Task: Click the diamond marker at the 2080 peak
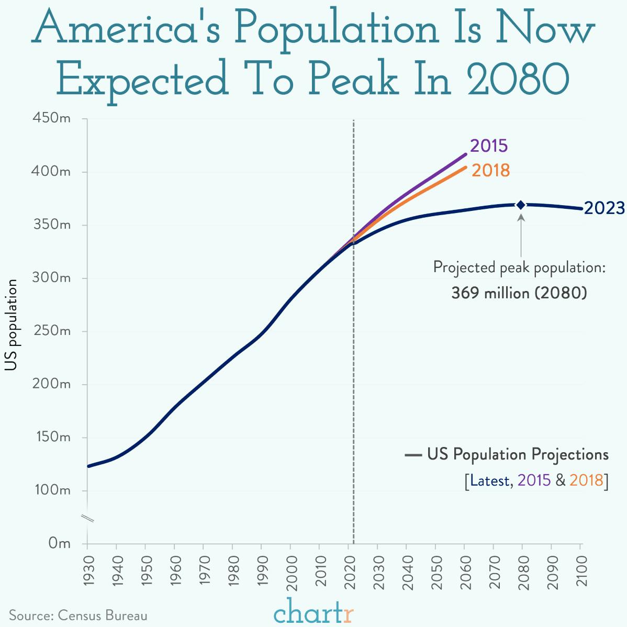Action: point(521,205)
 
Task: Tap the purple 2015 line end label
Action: point(489,145)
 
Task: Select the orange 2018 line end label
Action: point(490,171)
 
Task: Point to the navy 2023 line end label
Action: point(604,208)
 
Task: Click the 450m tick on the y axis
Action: point(51,119)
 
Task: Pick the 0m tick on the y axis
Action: point(59,544)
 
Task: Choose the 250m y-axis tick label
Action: point(51,331)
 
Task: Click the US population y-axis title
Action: point(11,326)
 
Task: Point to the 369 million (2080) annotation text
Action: point(519,293)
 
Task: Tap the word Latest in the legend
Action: point(489,480)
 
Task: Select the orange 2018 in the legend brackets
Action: point(586,480)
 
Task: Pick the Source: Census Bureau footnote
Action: point(79,615)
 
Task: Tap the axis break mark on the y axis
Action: point(87,519)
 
